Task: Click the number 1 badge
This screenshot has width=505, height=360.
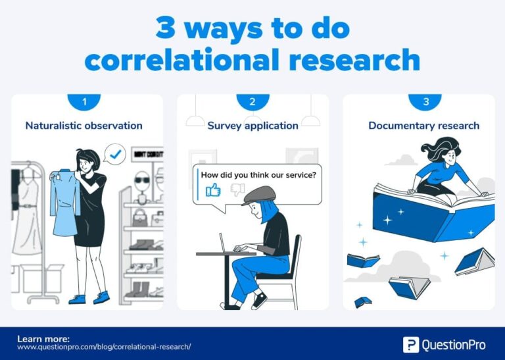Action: tap(84, 102)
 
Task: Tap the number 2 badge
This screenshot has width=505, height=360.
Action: tap(252, 102)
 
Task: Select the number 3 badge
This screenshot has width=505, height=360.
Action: tap(425, 102)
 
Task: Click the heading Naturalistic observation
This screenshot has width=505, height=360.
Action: tap(84, 125)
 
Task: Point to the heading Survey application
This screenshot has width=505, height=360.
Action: tap(252, 125)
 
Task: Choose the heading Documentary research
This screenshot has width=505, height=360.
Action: tap(423, 125)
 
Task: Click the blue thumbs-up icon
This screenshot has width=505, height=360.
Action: tap(213, 190)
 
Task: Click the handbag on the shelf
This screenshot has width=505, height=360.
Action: tap(141, 217)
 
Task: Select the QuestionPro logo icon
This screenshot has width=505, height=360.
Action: tap(411, 344)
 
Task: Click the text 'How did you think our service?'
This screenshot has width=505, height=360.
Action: tap(258, 175)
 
